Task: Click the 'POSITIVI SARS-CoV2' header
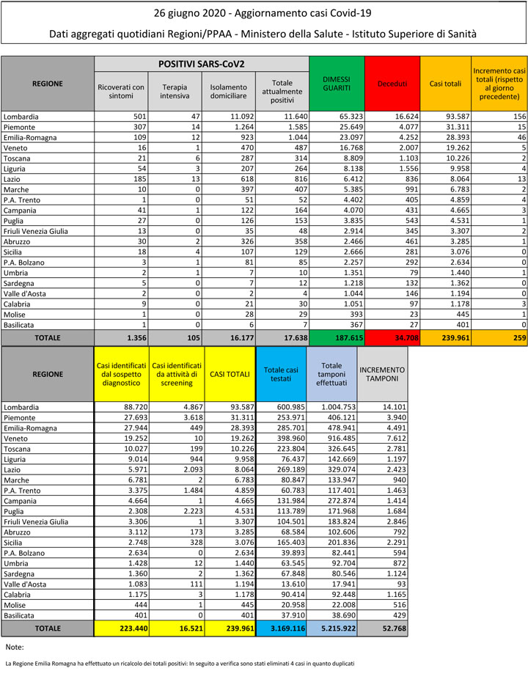click(202, 64)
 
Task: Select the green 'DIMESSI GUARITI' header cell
click(337, 84)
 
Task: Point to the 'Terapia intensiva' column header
click(175, 91)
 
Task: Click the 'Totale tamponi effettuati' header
click(331, 374)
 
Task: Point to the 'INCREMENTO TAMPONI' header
click(382, 374)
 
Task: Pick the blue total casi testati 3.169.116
click(279, 628)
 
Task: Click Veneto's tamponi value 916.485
click(340, 438)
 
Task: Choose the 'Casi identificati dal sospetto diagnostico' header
click(122, 374)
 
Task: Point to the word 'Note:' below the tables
click(15, 648)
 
